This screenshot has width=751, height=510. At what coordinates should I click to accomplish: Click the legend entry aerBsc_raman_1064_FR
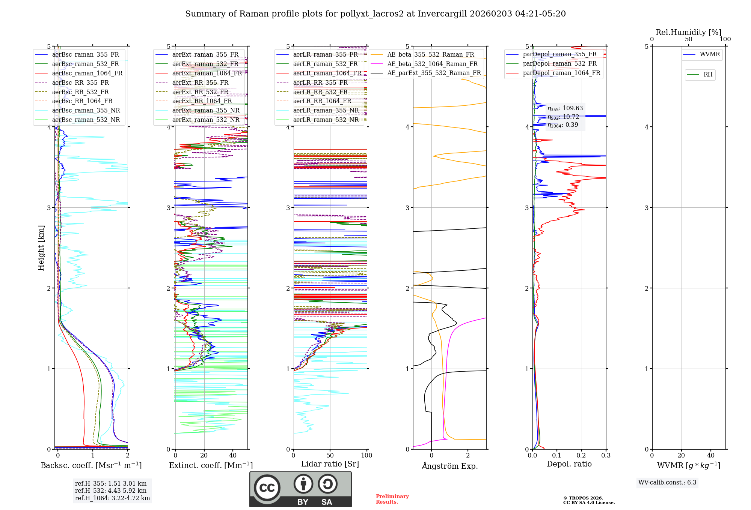(87, 73)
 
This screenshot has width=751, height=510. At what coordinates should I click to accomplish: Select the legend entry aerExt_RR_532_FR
(200, 92)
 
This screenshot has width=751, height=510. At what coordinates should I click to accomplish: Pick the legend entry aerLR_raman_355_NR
(326, 110)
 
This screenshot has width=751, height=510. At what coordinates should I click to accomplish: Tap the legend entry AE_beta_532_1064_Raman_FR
(432, 64)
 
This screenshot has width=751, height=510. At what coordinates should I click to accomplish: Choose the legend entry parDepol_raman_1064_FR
(561, 73)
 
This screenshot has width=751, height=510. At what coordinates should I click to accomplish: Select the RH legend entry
(708, 75)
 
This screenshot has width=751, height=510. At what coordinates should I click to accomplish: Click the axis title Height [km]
(41, 248)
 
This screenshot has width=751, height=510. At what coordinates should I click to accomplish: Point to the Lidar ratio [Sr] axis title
(330, 464)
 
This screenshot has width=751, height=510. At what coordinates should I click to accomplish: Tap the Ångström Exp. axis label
(450, 466)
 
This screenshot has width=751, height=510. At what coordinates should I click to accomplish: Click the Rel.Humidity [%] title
(688, 32)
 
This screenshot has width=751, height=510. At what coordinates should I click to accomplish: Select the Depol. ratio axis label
(569, 464)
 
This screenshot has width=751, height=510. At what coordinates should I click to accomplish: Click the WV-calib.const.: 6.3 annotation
(667, 483)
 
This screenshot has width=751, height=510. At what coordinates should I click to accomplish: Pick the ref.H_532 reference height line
(111, 490)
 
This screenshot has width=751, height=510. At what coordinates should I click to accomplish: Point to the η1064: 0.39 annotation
(563, 125)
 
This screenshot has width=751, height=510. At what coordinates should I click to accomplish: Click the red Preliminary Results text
(392, 499)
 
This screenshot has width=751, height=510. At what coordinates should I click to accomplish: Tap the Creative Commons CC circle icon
(267, 487)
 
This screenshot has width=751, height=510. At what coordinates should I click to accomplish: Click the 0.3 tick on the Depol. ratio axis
(606, 456)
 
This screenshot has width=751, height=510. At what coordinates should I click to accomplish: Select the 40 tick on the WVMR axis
(711, 456)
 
